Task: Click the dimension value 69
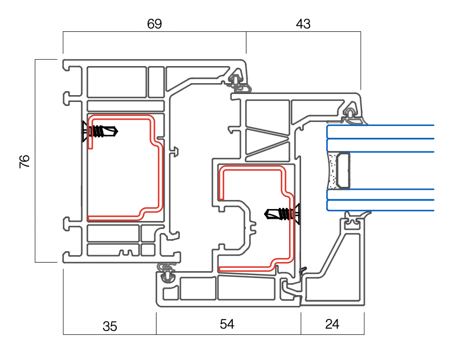point(154,24)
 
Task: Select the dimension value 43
point(303,24)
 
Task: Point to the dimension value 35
point(110,326)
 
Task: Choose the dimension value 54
point(227,324)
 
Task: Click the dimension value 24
point(332,324)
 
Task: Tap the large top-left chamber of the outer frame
point(117,83)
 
